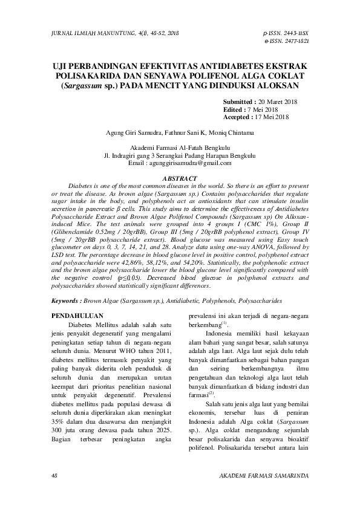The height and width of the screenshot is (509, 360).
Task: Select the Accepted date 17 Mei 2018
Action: [277, 117]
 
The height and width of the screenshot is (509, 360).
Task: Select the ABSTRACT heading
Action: [180, 178]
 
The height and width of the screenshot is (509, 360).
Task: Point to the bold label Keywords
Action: [66, 300]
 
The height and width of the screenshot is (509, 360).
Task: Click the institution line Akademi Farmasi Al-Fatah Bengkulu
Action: [180, 148]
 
